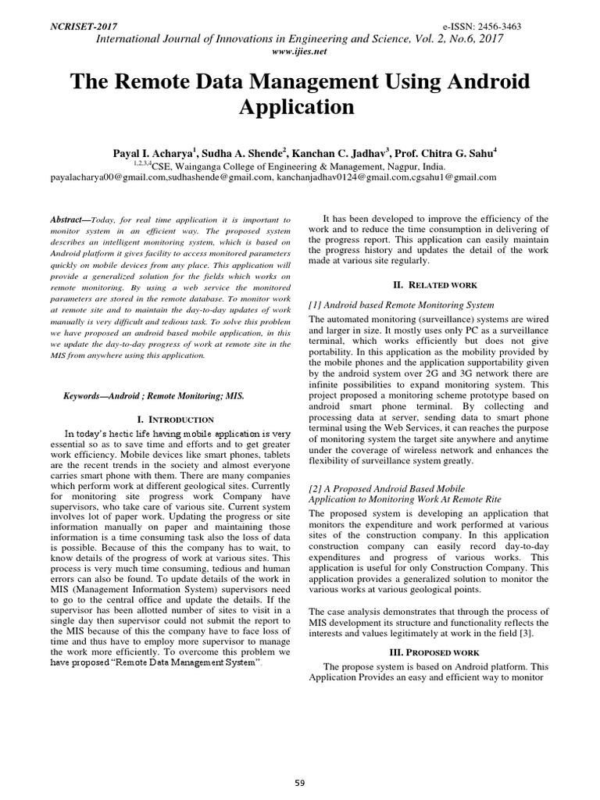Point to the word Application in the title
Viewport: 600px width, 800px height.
tap(300, 106)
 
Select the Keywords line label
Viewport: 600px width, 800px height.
tap(89, 396)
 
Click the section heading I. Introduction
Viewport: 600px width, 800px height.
tap(175, 420)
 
